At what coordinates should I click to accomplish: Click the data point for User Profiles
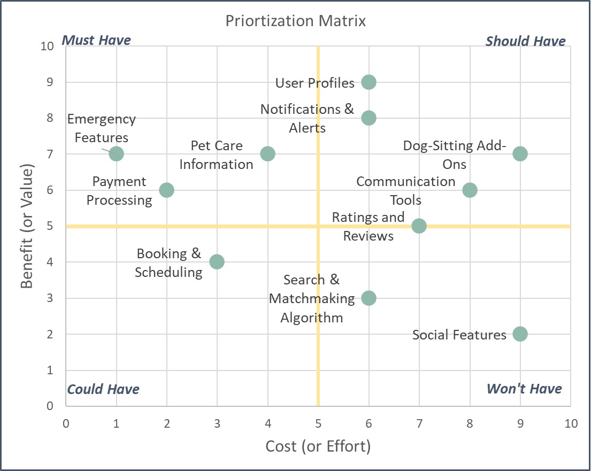coord(369,82)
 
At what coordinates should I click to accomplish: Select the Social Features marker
coord(520,334)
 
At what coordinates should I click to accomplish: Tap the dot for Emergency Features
coord(116,154)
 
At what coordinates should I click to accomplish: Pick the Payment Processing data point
coord(166,190)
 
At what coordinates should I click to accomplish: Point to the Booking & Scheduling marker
coord(217,262)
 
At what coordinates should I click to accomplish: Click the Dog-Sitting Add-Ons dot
coord(520,154)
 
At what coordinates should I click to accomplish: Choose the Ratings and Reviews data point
coord(419,226)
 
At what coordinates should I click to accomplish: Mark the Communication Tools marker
coord(470,190)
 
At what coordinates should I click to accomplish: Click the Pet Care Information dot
coord(267,154)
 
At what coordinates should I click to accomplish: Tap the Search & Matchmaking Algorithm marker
coord(369,298)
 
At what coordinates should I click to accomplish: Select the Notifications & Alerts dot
coord(369,118)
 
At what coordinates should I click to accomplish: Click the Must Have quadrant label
coord(97,41)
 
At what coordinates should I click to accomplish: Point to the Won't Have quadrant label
coord(524,389)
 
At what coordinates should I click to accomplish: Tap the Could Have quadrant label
coord(103,389)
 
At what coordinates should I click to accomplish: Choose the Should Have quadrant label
coord(525,41)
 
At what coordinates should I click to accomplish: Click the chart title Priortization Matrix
coord(296,21)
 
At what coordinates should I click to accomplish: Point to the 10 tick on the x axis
coord(571,424)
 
